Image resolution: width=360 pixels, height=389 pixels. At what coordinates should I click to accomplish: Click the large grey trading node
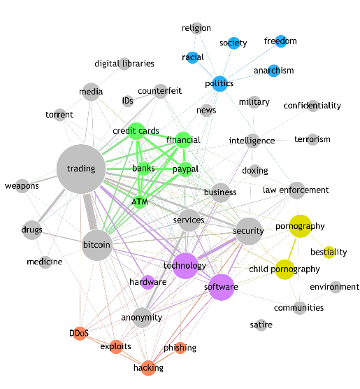coord(81,169)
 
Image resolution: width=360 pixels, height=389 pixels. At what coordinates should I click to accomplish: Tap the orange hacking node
coord(148,367)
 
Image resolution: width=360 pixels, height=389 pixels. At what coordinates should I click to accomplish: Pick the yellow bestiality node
coord(329,252)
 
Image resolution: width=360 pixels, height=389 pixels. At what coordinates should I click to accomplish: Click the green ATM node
coord(139,202)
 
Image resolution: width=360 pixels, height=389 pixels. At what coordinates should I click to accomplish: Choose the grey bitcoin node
coord(96,245)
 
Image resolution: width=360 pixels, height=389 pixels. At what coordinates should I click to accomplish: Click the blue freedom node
coord(280,41)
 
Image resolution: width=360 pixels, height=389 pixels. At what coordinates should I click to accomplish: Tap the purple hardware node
coord(147,282)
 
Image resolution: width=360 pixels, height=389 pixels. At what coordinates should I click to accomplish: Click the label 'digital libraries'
coord(124,64)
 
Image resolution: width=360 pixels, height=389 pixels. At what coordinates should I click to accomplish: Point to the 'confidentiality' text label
coord(312,106)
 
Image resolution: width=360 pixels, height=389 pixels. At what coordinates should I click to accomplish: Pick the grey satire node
coord(261,325)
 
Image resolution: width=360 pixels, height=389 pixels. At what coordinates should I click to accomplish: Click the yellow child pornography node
coord(284,269)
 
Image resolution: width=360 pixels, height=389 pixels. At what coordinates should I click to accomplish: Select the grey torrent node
coord(60,115)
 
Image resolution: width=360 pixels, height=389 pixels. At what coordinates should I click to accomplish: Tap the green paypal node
coord(185,169)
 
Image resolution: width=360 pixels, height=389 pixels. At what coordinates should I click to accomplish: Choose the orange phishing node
coord(180,348)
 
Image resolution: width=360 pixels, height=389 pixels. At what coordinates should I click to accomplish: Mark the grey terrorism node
coord(312,139)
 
